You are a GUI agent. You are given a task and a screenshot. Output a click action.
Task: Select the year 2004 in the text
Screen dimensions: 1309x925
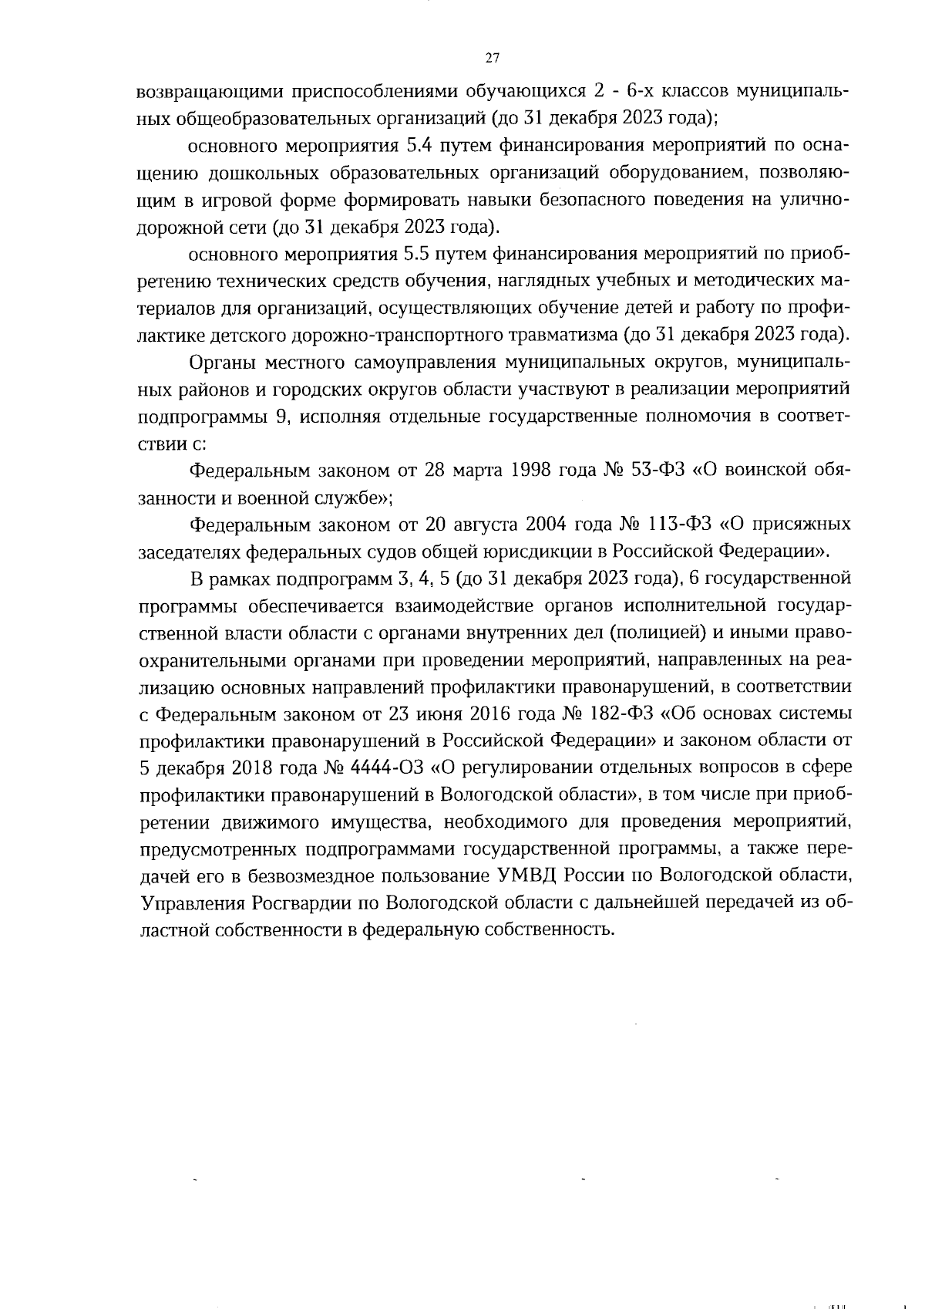point(550,525)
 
